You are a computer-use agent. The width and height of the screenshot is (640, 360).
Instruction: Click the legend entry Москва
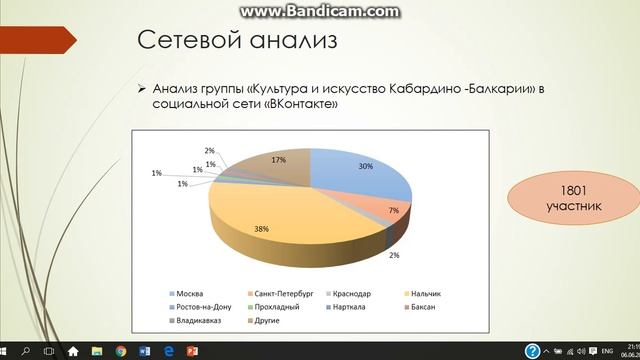[x=189, y=293]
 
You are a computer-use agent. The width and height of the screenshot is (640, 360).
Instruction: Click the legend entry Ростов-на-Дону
[x=201, y=306]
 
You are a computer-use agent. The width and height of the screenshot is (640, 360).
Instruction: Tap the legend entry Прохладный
[x=262, y=306]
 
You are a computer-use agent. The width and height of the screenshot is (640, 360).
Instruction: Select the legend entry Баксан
[x=418, y=306]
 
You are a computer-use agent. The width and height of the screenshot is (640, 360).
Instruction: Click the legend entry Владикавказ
[x=197, y=319]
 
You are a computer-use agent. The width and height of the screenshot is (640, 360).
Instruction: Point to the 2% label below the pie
[x=394, y=257]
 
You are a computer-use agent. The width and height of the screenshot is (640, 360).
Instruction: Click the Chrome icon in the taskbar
[x=121, y=351]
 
